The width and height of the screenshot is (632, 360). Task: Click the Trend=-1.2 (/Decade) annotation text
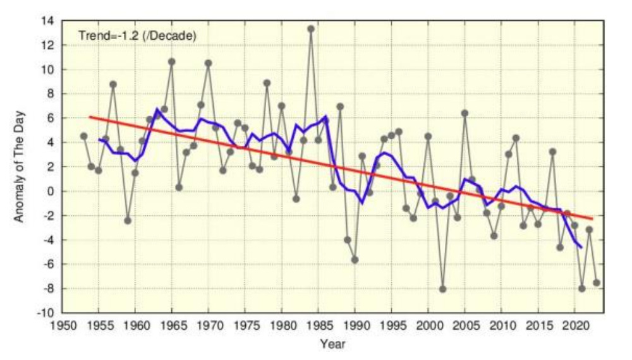(137, 35)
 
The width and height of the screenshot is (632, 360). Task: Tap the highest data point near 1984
(311, 28)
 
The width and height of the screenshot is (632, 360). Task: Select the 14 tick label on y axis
(49, 21)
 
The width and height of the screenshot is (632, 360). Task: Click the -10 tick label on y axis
(46, 313)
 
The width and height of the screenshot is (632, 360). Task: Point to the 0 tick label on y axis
(52, 191)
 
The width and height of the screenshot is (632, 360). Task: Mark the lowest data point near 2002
(443, 289)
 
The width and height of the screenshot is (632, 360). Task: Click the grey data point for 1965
(171, 61)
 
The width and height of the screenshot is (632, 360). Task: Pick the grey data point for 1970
(208, 63)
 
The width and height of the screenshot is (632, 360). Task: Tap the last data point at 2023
(596, 282)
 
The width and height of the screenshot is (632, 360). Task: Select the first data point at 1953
(83, 136)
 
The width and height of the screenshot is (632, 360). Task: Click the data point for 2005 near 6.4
(465, 113)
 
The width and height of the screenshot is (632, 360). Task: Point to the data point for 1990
(355, 260)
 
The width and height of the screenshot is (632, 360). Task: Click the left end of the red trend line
(90, 117)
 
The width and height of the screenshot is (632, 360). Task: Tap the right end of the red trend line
(593, 219)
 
